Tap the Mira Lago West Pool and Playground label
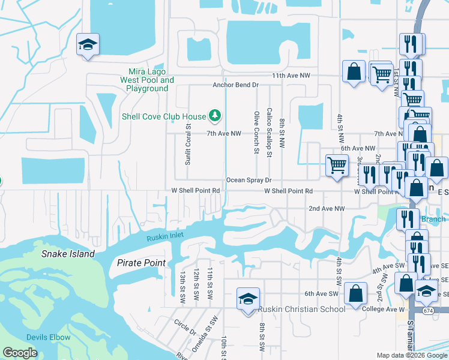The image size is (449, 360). [147, 80]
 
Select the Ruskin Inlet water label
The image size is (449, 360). [165, 238]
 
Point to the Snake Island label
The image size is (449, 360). [68, 254]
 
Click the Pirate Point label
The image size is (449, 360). [141, 263]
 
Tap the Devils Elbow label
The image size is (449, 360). [48, 337]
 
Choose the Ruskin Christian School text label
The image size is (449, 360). [302, 309]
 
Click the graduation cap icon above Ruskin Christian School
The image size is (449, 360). [247, 298]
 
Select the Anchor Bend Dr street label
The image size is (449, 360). [235, 85]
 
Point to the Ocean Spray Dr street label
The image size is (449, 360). [249, 180]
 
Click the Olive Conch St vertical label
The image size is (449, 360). [257, 133]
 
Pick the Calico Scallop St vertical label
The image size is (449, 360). [270, 133]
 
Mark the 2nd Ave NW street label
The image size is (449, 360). [327, 208]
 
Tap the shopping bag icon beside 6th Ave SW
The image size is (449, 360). [356, 293]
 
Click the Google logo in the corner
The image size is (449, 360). [20, 353]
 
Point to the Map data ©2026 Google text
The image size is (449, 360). [412, 355]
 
